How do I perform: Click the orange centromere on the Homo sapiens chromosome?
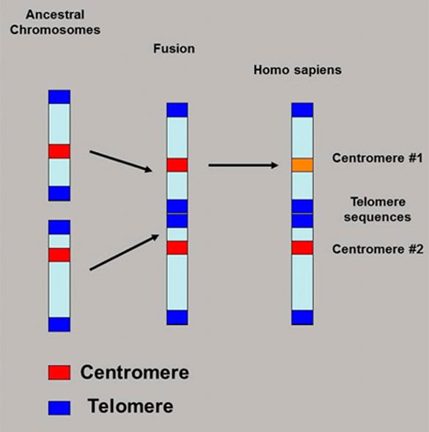pos(302,165)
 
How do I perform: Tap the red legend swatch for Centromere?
pos(59,373)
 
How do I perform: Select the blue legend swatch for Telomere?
pos(59,408)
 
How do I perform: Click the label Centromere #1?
pos(377,158)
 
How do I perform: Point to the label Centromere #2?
pos(378,249)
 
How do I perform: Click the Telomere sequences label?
pos(378,209)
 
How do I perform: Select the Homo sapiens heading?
pos(297,70)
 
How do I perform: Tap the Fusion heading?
pos(174,48)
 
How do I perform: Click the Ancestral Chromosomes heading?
pos(55,22)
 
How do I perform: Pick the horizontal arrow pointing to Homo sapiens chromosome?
pos(243,165)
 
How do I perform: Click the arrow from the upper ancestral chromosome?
pos(121,161)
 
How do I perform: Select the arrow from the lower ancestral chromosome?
pos(124,252)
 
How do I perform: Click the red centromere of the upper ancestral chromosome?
pos(59,151)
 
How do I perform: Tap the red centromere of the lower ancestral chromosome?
pos(59,255)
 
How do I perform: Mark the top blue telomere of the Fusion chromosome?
pos(177,110)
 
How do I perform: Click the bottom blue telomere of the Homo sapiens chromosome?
pos(302,318)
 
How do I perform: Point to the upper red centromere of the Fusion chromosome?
pos(177,165)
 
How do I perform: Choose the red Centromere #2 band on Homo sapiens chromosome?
pos(302,248)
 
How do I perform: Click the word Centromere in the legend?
pos(134,373)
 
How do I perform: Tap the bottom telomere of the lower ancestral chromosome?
pos(59,324)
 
